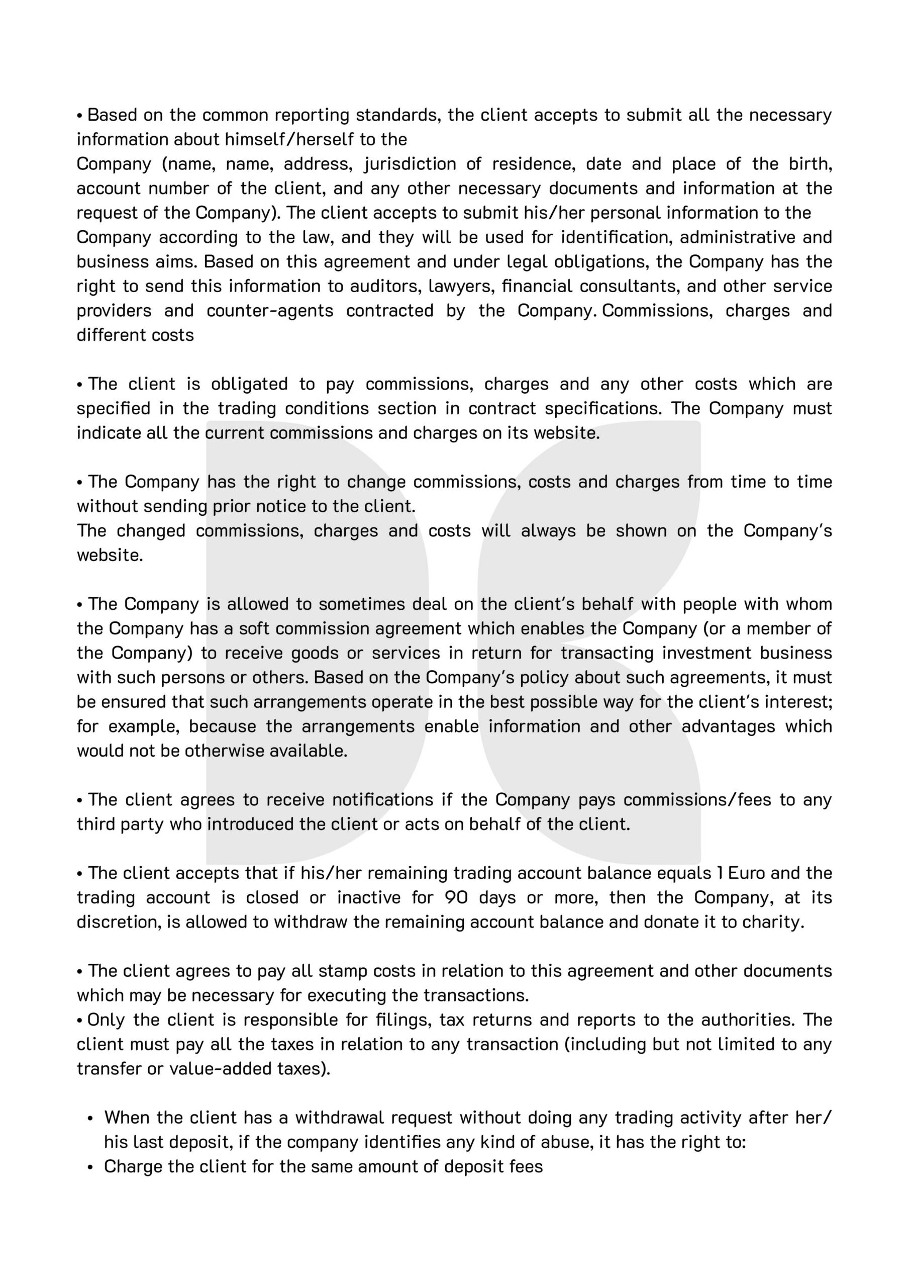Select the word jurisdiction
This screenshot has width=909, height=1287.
pos(410,164)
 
